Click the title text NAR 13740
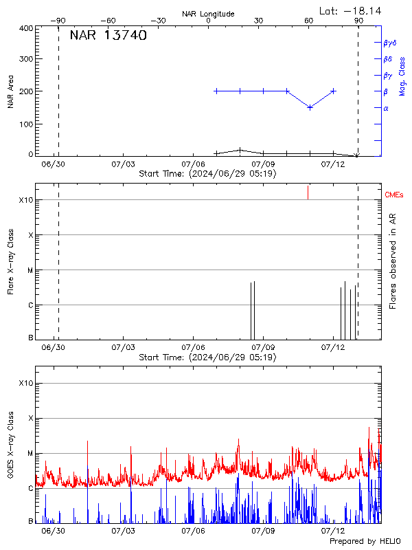point(108,36)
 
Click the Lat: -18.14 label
point(352,10)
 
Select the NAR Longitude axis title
point(208,14)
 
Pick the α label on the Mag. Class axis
point(385,108)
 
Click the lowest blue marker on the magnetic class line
point(310,107)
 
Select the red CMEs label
point(395,196)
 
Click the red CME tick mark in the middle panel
point(308,192)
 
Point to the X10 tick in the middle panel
point(25,200)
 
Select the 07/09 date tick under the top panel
point(263,165)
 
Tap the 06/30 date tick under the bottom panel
point(53,530)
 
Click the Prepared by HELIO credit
point(365,542)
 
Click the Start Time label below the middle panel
point(207,357)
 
